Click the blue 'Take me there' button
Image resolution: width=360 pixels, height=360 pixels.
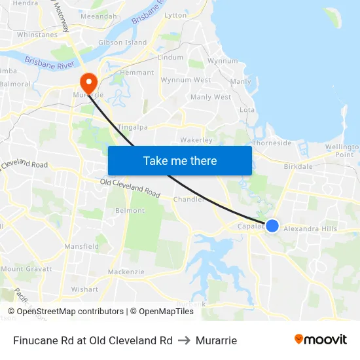(x=180, y=160)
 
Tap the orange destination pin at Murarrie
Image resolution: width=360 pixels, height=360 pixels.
(x=88, y=82)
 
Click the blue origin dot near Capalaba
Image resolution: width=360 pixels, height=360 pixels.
(x=272, y=226)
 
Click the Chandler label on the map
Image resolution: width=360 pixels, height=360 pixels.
(x=189, y=199)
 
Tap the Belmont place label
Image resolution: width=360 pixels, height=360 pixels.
(x=130, y=210)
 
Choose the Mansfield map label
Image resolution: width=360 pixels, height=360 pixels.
(x=81, y=246)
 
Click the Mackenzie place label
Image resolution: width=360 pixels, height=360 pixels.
(x=126, y=272)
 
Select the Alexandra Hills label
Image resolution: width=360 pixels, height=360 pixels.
(x=310, y=229)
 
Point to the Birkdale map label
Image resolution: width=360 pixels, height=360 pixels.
(x=298, y=166)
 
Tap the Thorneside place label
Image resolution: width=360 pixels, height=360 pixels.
(x=272, y=143)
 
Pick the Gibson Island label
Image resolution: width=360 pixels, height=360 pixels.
(x=122, y=43)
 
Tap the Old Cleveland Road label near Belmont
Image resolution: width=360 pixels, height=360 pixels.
(x=130, y=188)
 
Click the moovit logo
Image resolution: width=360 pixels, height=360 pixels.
(x=320, y=340)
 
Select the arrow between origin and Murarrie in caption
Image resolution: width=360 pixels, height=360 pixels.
(x=183, y=340)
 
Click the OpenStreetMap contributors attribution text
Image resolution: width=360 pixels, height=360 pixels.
(x=70, y=312)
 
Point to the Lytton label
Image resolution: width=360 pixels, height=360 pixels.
(x=175, y=15)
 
